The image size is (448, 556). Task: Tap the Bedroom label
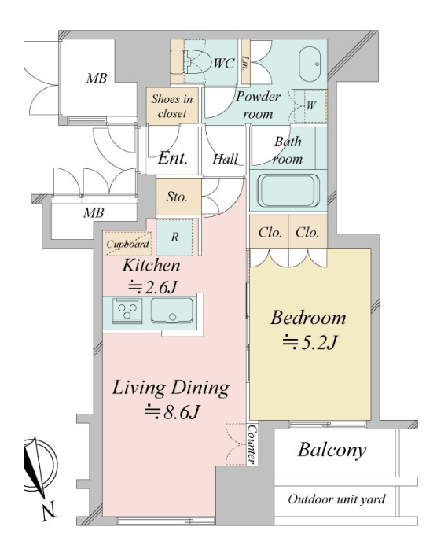pos(308,318)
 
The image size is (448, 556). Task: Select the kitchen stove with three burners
pos(127,311)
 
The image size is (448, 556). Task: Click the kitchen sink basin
pos(172,311)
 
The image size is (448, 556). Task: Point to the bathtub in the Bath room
pos(288,190)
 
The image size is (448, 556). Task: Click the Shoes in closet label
pos(172,105)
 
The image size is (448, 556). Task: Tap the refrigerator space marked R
pos(174,237)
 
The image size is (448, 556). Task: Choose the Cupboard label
pos(127,244)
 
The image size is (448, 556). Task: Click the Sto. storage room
pos(178,197)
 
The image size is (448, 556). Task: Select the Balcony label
pos(332,451)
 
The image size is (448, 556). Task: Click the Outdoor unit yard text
pos(336,499)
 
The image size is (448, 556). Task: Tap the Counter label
pos(252,444)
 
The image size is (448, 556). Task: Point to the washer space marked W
pos(310,105)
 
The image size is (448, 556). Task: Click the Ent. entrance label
pos(172,158)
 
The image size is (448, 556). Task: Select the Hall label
pos(225,159)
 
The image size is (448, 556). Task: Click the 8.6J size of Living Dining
pos(172,412)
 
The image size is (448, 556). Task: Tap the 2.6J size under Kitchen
pos(152,287)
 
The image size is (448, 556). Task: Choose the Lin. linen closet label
pos(244,62)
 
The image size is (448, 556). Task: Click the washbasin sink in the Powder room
pos(309,64)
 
